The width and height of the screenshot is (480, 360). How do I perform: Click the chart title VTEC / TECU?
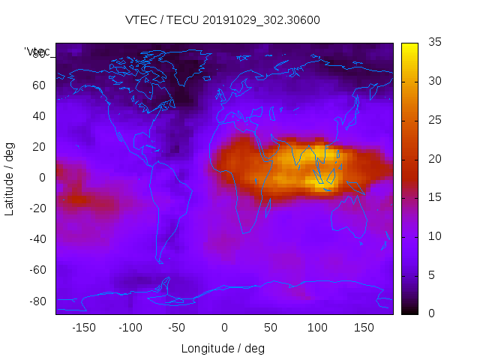223,20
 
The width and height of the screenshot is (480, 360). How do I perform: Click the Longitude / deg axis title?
223,348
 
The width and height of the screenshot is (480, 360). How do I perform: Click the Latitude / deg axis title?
10,178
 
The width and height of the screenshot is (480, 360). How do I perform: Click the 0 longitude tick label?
223,327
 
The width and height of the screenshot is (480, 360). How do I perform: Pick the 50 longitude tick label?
270,327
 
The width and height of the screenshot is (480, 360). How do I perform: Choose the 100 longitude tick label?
316,327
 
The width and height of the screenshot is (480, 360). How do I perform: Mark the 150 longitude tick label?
363,327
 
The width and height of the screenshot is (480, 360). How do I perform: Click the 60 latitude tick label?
39,85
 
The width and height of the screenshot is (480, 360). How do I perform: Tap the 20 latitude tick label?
39,147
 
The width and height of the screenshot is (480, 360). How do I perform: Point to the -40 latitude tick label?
37,239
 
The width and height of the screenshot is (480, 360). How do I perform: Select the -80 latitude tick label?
37,301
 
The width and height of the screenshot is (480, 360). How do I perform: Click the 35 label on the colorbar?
434,43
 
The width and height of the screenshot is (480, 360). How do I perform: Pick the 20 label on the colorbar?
434,159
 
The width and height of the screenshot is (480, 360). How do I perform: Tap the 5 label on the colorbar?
431,274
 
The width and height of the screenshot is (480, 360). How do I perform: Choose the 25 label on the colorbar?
434,120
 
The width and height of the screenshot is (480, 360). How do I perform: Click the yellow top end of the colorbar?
409,46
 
